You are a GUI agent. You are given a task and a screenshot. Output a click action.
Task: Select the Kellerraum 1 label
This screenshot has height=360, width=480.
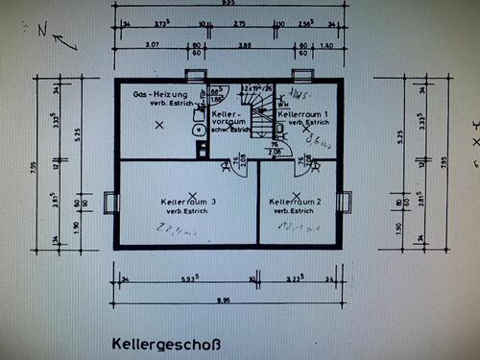[304, 113]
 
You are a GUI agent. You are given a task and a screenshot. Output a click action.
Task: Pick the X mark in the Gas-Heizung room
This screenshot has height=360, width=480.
[159, 125]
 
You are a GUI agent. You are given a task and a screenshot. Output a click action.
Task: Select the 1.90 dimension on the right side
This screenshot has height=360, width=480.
[398, 227]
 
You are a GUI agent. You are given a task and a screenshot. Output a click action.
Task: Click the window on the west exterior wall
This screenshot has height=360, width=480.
[109, 204]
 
